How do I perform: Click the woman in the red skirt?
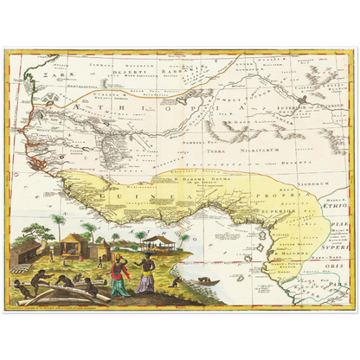coord(120,282)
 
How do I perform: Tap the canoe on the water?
coord(204,280)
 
